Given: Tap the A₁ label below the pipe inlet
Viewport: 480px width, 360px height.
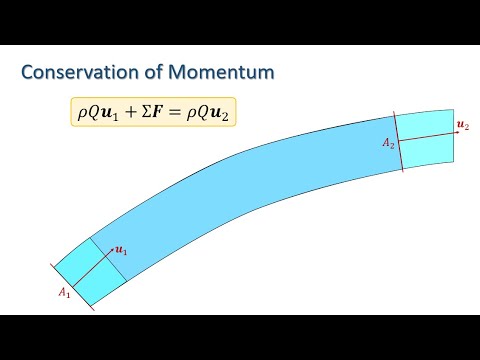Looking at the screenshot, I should (x=63, y=292).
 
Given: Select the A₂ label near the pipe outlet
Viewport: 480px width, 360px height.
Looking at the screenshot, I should (x=388, y=144).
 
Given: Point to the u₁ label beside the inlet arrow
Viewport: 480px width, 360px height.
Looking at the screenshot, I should (x=121, y=250).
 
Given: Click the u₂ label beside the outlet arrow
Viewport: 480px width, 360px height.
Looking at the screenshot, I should (x=462, y=124).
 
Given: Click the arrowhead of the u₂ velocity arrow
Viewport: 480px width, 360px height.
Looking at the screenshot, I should (x=450, y=129).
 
